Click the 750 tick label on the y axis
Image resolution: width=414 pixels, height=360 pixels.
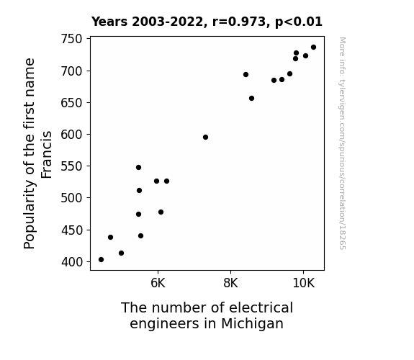(71, 39)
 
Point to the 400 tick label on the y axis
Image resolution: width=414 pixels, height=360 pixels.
(72, 262)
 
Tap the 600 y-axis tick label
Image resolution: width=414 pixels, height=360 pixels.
(71, 135)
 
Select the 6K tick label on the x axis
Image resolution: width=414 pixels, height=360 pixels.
(158, 283)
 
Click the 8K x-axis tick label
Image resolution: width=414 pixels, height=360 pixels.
(230, 283)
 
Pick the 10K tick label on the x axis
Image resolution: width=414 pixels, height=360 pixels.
(303, 283)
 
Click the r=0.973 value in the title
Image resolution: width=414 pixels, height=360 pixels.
(239, 22)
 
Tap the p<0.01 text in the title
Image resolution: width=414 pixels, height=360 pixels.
(299, 22)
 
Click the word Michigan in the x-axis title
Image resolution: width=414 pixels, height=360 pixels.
(252, 324)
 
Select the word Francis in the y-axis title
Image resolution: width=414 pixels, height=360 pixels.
(47, 155)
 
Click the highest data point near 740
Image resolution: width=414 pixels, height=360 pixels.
(313, 48)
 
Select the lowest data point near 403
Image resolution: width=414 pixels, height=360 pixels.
(101, 260)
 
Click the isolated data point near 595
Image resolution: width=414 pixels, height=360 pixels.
(205, 137)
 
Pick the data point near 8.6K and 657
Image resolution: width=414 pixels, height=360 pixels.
(251, 98)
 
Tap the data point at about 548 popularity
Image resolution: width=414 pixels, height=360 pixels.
(138, 168)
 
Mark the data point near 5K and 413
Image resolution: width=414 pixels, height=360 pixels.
(121, 253)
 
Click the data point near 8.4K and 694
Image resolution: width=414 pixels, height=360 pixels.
(246, 74)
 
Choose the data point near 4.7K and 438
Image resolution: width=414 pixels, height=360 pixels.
(110, 237)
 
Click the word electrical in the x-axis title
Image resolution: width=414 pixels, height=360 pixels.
(261, 307)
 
